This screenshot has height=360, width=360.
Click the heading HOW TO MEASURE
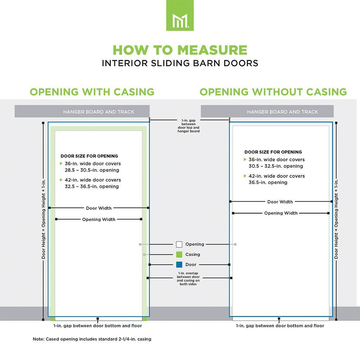coord(180,50)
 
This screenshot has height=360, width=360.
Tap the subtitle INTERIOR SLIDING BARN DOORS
coord(180,63)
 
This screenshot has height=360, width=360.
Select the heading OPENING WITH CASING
coord(92,92)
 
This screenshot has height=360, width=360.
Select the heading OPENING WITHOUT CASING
coord(273,92)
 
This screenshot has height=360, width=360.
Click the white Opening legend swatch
coord(179,244)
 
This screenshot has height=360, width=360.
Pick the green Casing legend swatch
coord(179,255)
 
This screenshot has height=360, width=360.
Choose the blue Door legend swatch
coord(179,265)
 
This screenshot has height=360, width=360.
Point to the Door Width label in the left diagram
coord(99,208)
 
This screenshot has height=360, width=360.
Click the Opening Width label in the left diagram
coord(99,220)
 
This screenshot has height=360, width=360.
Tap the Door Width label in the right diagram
coord(280,202)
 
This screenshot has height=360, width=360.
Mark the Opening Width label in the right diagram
coord(281,213)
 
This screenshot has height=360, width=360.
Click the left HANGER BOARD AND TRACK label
coord(99,112)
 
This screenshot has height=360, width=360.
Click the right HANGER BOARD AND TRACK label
coord(283,112)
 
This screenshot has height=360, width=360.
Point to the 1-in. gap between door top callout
coord(188,126)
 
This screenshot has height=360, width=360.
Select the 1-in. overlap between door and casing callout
coord(188,279)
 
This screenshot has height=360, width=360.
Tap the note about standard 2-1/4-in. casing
coord(92,339)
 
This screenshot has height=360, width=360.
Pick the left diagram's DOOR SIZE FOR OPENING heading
coord(89,156)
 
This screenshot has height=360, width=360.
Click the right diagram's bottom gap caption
coord(280,326)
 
